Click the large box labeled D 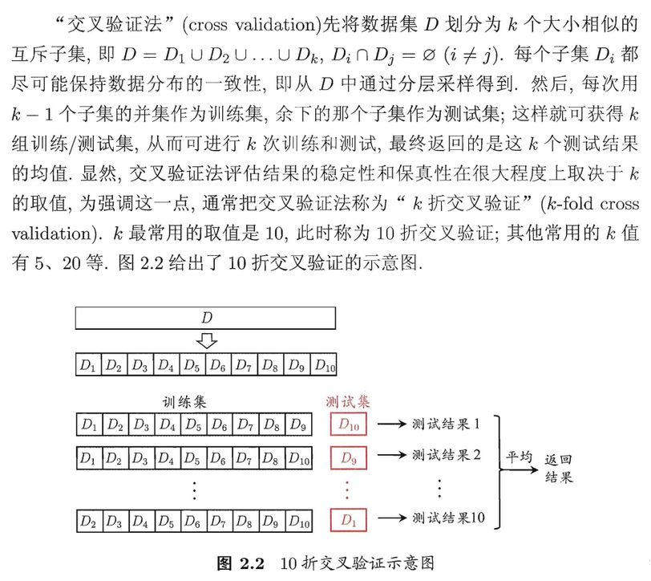[205, 319]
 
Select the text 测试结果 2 [446, 456]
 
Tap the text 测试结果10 [448, 518]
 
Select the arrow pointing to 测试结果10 [392, 518]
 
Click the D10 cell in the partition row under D [325, 365]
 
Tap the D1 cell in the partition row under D [87, 365]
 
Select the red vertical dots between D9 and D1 [348, 488]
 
